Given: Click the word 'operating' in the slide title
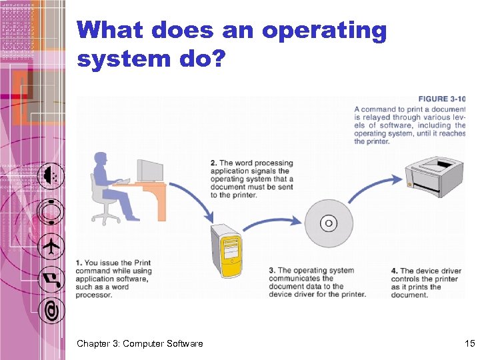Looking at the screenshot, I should coord(324,31).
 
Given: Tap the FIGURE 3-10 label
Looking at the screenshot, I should coord(441,99).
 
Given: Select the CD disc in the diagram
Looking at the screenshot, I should coord(328,223).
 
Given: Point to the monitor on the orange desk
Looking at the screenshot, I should coord(149,170).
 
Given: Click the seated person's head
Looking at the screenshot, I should coord(101,161).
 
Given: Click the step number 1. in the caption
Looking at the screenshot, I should coord(79,263).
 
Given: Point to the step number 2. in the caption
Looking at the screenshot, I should coord(213,163).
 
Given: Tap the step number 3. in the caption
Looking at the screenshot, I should coord(272,271).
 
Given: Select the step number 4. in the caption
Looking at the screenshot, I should coord(395,271).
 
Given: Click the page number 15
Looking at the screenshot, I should coord(469,343).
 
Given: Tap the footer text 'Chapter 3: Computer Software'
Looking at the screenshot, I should coord(139,343).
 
